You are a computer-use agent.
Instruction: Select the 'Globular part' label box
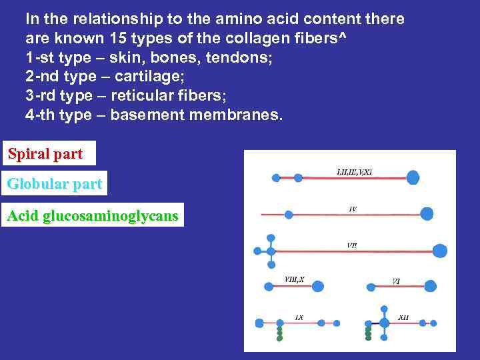coord(54,185)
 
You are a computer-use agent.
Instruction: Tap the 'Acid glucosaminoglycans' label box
coord(93,216)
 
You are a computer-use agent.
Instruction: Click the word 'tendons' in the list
coord(241,57)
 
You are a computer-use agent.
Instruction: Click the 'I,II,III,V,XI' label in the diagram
coord(354,171)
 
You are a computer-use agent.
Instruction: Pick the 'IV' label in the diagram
coord(353,209)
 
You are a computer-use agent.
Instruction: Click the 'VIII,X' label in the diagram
coord(294,279)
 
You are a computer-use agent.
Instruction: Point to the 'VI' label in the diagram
coord(396,281)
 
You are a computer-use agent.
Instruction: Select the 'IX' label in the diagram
coord(299,317)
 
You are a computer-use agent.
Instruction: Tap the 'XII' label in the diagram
coord(403,317)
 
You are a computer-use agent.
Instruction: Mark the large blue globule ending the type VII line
coord(439,251)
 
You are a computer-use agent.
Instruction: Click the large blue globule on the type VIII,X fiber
coord(318,286)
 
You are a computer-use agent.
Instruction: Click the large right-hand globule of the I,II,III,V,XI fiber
coord(413,177)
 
